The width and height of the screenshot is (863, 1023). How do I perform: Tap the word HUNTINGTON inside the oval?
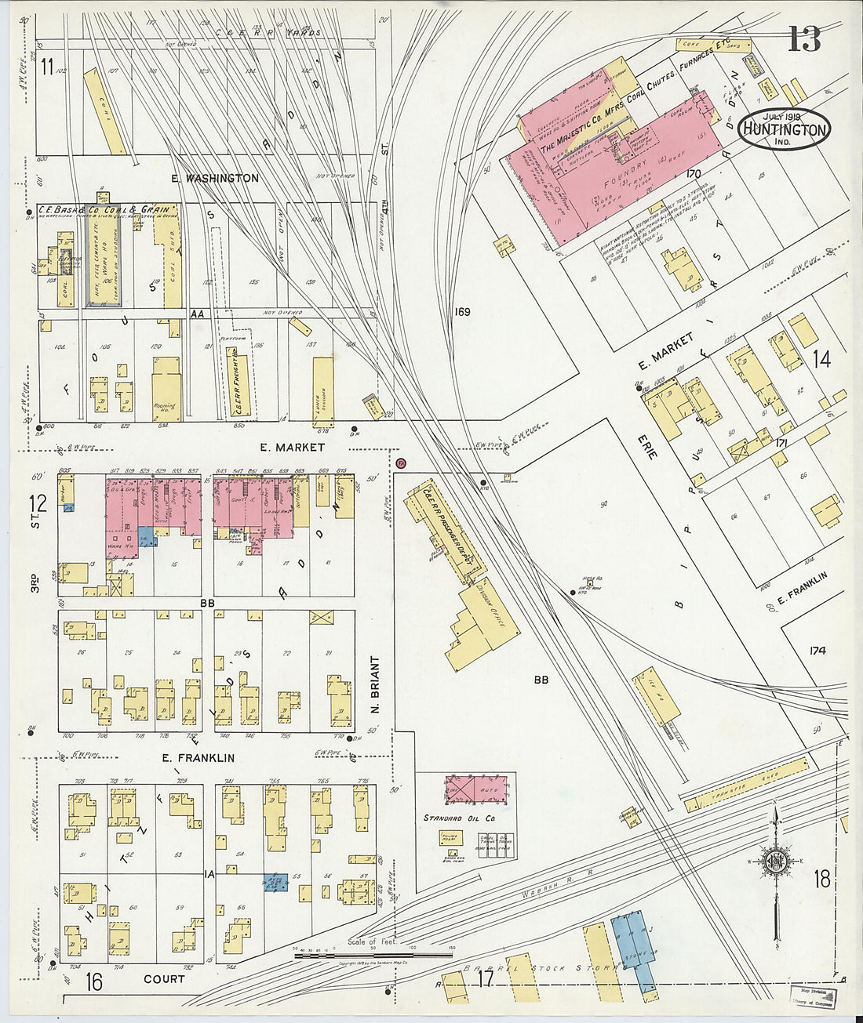click(x=785, y=130)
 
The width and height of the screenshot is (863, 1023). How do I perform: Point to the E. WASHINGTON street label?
click(x=215, y=179)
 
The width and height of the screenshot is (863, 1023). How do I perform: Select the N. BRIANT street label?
click(x=375, y=684)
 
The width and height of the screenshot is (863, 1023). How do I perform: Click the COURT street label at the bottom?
click(x=164, y=979)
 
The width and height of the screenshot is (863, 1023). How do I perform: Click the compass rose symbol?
click(x=775, y=861)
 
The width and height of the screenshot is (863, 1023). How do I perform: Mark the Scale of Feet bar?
click(x=373, y=956)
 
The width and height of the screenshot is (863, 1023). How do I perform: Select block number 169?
click(x=461, y=312)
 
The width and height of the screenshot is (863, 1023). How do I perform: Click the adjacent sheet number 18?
click(x=821, y=879)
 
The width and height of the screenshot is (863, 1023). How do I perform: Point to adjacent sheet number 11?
click(x=47, y=67)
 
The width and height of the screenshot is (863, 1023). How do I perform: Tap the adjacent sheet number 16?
click(x=94, y=981)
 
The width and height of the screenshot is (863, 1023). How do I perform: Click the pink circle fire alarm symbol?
click(x=402, y=464)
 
